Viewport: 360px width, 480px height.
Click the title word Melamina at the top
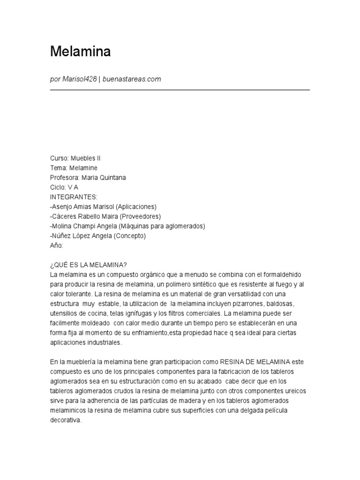[80, 52]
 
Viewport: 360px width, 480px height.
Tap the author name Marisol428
[80, 79]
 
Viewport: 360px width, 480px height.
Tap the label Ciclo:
[58, 187]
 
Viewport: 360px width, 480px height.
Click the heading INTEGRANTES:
[74, 197]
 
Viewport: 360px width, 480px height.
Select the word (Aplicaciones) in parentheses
[136, 207]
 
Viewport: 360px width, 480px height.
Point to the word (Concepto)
[129, 236]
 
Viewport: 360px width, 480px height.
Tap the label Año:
[56, 246]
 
